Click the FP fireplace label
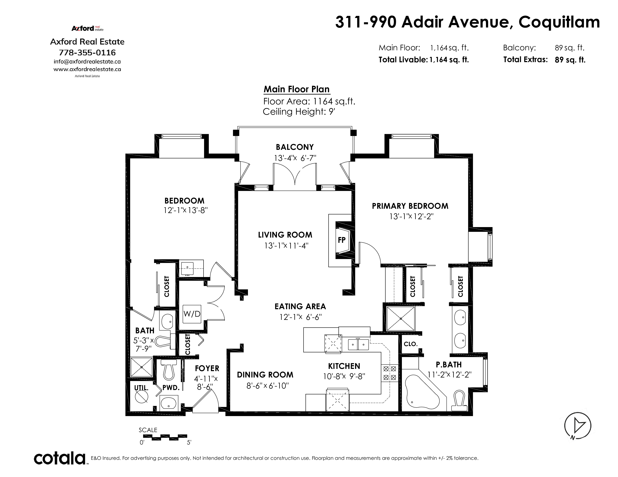coord(342,240)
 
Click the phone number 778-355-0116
coord(87,53)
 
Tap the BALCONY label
coord(295,147)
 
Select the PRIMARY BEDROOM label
coord(410,206)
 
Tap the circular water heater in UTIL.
coord(141,397)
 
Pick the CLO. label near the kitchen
coord(411,344)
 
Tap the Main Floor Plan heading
coord(297,89)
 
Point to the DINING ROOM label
coord(265,375)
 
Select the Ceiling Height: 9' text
coord(299,112)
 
